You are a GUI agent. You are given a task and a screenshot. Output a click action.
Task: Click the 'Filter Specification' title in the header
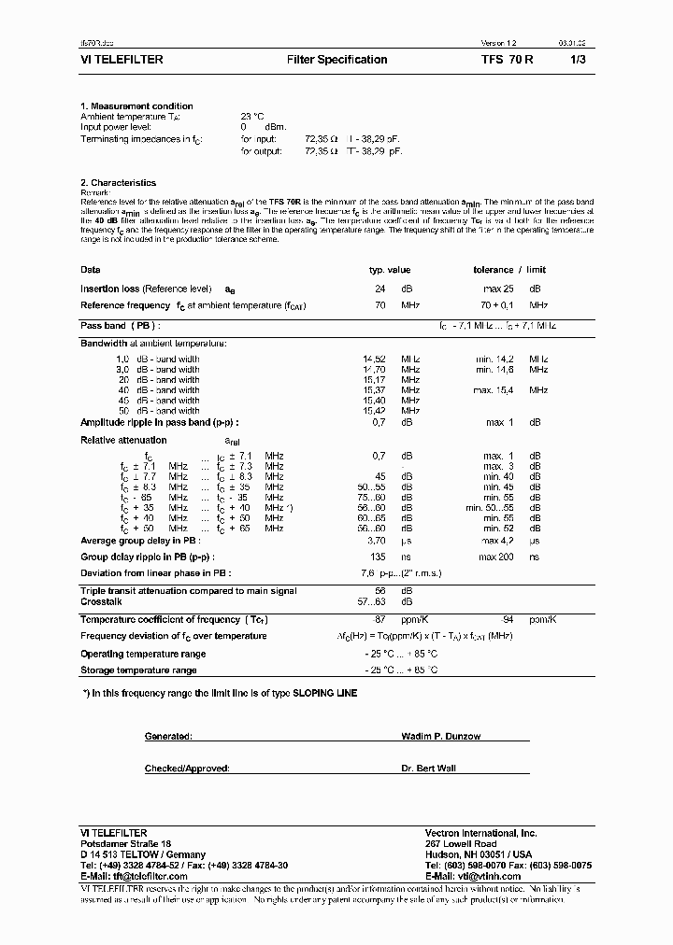tap(336, 60)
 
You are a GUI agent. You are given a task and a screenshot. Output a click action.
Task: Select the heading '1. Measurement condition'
tap(136, 106)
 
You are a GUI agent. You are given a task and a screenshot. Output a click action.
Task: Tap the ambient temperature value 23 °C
tap(252, 117)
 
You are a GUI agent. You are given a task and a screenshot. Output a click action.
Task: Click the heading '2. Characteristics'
tap(118, 183)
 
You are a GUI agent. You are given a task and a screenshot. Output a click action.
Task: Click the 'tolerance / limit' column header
tap(507, 270)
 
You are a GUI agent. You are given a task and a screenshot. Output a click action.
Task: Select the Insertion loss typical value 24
tap(380, 289)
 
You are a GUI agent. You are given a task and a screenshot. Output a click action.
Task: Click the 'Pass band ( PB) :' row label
tap(120, 326)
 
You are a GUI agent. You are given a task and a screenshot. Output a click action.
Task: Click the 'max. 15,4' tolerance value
tap(494, 390)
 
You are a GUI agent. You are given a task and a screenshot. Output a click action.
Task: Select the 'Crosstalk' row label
tap(101, 601)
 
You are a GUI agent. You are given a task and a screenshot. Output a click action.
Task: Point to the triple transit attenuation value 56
tap(380, 591)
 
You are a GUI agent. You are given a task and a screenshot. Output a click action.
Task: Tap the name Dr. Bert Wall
tap(429, 769)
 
